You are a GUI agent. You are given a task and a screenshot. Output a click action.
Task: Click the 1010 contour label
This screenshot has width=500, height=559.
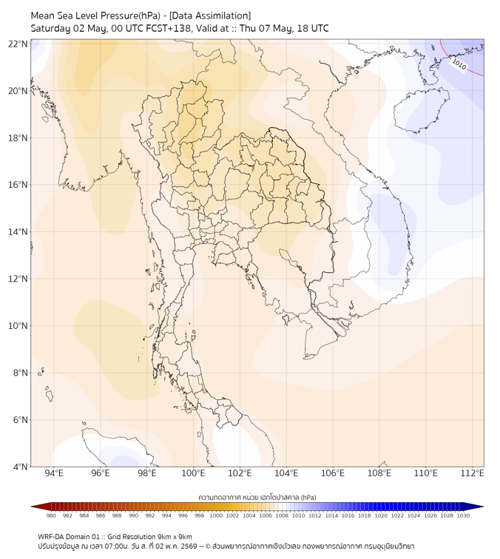pos(459,64)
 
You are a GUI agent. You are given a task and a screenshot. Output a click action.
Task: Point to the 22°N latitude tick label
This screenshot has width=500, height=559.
pos(18,44)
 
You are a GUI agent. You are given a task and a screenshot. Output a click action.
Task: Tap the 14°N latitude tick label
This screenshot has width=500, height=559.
pos(18,231)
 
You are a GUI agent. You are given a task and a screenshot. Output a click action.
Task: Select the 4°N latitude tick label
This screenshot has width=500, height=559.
pos(20,467)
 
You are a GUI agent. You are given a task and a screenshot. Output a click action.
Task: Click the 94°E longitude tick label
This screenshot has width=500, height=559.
pos(54,473)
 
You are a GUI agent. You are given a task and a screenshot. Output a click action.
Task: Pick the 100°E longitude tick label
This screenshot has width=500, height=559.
pos(193,473)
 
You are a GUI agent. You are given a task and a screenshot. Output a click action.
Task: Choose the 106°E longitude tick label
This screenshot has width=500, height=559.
pos(333,473)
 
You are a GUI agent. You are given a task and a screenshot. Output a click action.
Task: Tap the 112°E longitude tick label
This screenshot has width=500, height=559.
pos(472,473)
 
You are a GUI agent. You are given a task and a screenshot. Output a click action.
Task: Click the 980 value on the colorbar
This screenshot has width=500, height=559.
pos(51,515)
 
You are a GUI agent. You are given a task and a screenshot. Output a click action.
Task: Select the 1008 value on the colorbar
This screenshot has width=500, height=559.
pos(282,515)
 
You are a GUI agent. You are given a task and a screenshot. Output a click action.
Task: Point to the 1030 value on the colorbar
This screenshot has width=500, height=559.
pos(463,515)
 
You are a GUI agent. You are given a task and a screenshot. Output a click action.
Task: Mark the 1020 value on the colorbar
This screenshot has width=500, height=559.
pos(381,515)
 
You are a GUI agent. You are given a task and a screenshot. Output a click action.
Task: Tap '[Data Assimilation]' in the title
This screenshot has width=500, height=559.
pos(210,16)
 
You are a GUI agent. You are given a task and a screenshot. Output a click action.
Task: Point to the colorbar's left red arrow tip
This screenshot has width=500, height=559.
pos(31,507)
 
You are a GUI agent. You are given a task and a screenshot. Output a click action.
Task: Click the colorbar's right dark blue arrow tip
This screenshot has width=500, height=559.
pos(484,507)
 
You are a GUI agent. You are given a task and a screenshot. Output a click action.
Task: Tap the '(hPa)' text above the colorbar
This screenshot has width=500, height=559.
pos(308,497)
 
